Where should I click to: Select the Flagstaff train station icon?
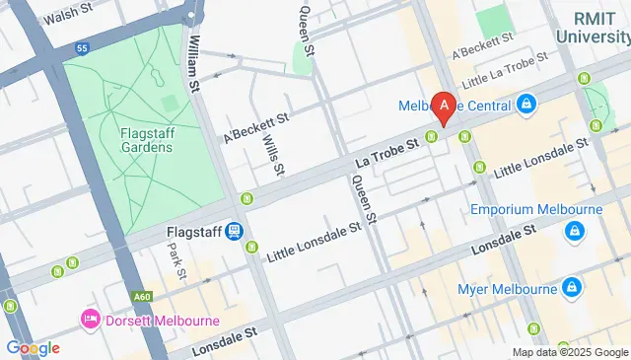(234, 232)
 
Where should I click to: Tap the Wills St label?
(273, 155)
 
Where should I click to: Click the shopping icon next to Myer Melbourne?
(571, 288)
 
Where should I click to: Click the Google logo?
(33, 347)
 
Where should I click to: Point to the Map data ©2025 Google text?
(569, 352)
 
